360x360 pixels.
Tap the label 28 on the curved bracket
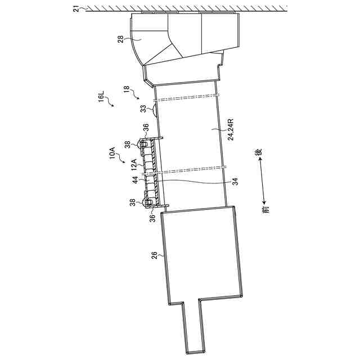121,39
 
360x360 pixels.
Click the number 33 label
143,108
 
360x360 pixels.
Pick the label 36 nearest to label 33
146,127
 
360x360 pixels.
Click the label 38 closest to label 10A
128,144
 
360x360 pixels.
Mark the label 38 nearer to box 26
133,202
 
